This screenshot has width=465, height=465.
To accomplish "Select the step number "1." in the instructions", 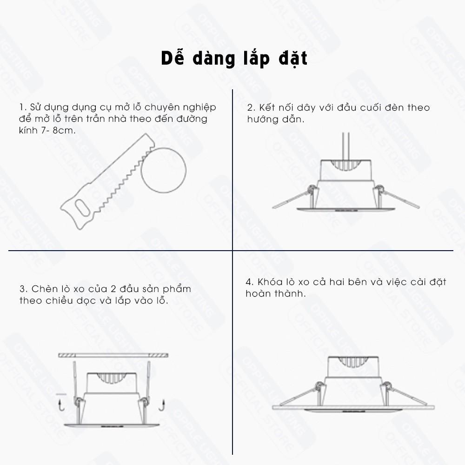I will [22, 107].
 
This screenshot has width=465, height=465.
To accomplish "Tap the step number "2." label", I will [251, 108].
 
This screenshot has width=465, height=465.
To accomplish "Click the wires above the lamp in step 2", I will [345, 146].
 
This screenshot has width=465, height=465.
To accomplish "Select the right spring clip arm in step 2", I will [400, 199].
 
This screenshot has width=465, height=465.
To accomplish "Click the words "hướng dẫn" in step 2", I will [275, 119].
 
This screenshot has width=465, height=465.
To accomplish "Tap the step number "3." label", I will [23, 289].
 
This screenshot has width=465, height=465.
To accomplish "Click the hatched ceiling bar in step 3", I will [113, 355].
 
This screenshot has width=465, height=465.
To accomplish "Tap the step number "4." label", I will [249, 282].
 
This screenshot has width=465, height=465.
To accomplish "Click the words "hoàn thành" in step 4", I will [275, 294].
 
